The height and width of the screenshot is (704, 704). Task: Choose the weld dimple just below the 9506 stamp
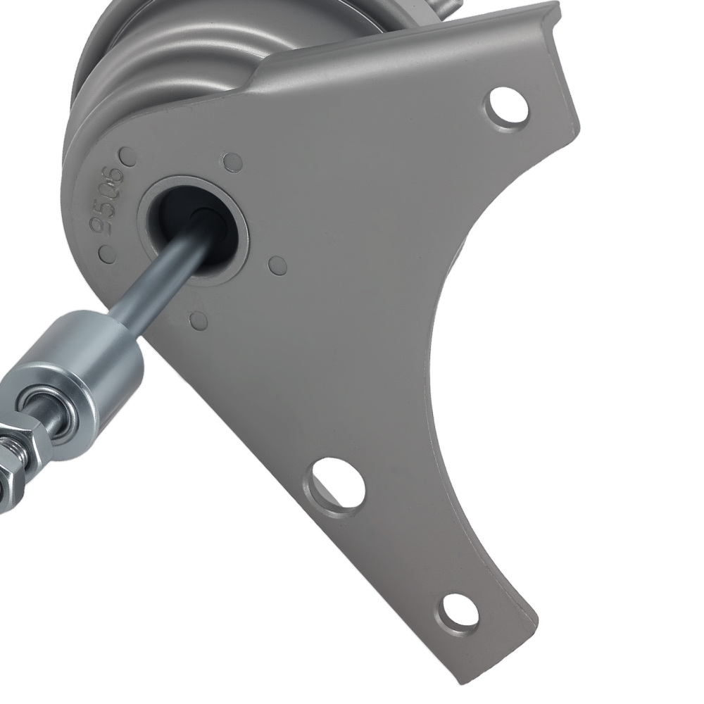point(106,253)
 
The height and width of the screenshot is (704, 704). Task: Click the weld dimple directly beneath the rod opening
point(199,320)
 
